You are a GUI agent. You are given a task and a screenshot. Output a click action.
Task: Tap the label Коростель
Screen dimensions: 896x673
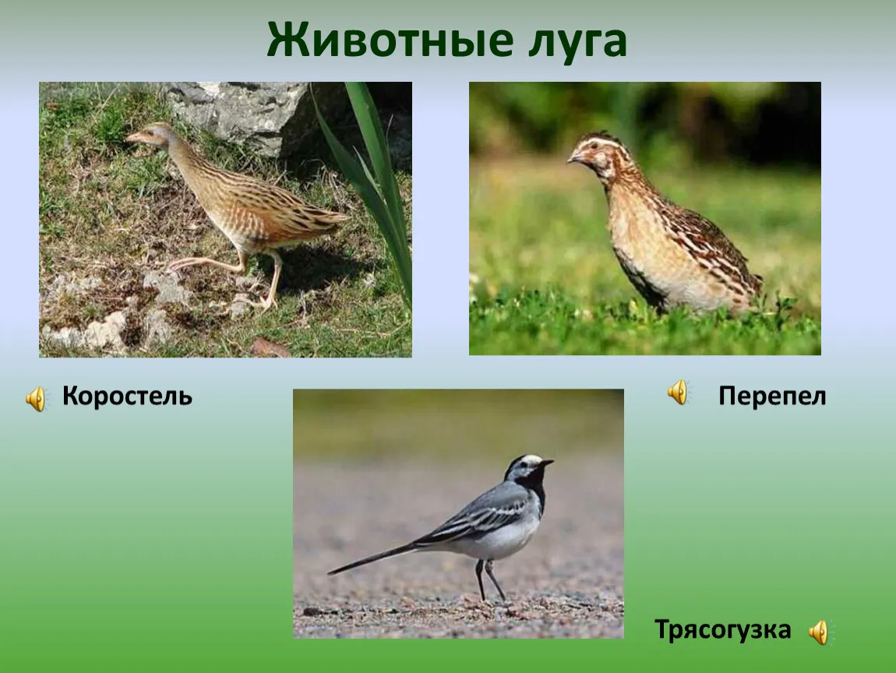tap(128, 396)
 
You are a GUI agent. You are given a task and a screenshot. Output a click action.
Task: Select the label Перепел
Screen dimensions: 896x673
tap(772, 396)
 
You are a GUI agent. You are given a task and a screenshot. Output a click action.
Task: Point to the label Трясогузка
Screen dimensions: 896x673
tap(723, 630)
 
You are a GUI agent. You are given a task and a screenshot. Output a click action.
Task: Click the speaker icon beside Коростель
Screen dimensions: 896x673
tap(36, 398)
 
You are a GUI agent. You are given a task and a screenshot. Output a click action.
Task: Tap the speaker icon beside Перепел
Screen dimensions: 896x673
tap(679, 393)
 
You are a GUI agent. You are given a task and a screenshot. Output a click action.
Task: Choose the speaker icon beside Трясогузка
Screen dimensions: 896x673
tap(820, 632)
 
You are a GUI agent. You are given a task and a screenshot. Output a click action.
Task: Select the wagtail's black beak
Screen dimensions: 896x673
tap(547, 462)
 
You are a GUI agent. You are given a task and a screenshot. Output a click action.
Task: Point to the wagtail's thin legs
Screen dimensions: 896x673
tap(488, 580)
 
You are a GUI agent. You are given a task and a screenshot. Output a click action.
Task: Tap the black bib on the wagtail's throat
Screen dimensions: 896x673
tap(536, 484)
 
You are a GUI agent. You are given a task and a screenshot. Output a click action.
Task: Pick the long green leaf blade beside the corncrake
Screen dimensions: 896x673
tap(372, 189)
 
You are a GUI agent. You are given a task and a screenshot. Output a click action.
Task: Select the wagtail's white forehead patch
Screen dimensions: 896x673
tap(531, 460)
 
